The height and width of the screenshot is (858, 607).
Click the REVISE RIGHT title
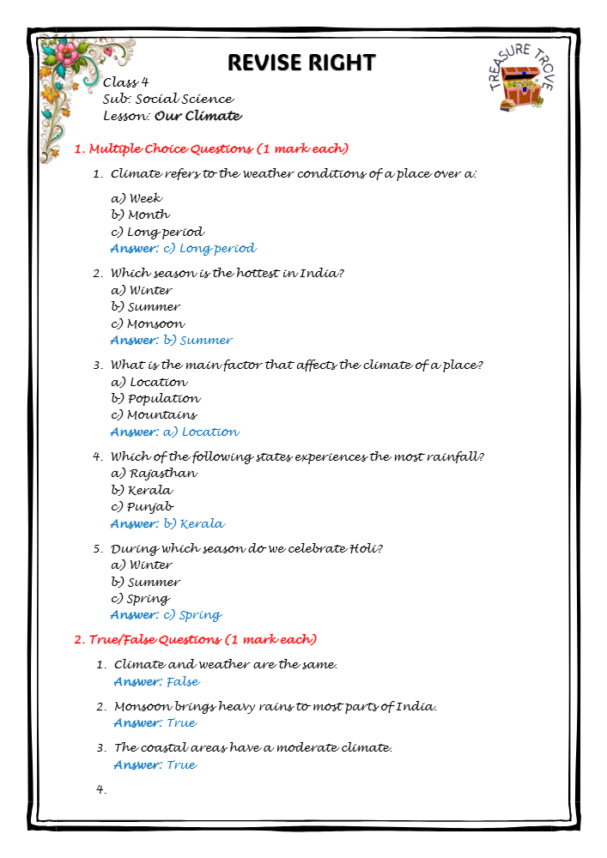[x=301, y=63]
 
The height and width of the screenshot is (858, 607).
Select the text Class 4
[x=125, y=82]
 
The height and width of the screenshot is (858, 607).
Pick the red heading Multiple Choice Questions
[x=210, y=148]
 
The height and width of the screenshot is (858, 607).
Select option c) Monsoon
[x=148, y=323]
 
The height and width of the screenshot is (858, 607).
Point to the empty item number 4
[x=101, y=790]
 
